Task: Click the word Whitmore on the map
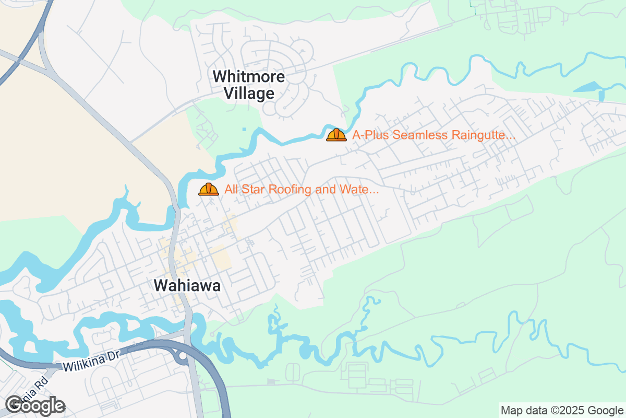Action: point(249,77)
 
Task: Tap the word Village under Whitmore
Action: point(249,94)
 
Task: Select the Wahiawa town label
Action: point(187,286)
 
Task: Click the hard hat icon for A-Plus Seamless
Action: point(336,135)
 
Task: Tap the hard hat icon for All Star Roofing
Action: point(209,189)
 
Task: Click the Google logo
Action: point(35,405)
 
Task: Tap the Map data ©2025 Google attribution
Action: point(561,410)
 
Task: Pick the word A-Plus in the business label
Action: point(370,135)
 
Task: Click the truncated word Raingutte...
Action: point(484,135)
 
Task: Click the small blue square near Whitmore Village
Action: point(244,129)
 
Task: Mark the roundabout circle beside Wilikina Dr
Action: point(183,356)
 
